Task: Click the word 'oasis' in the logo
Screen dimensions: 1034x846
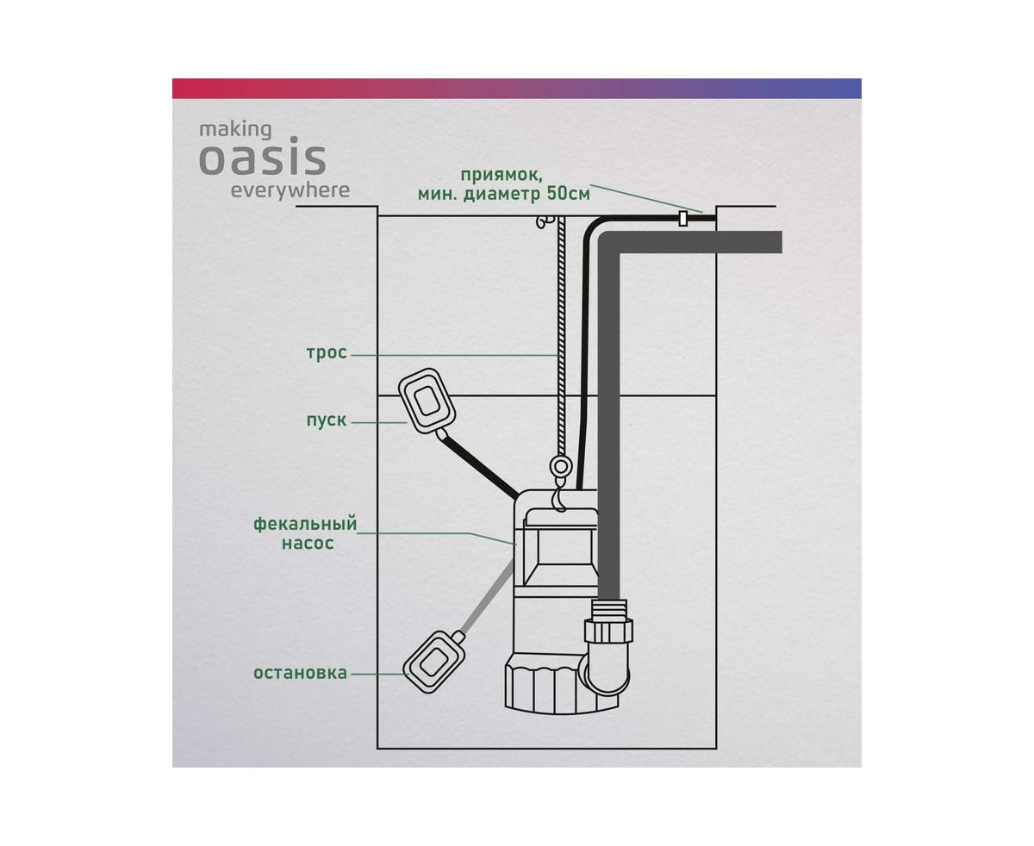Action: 262,159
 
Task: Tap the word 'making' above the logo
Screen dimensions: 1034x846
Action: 235,130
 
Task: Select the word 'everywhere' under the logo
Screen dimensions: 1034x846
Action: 290,190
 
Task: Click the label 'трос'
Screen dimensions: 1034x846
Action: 327,352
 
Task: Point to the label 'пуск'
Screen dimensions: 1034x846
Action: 327,420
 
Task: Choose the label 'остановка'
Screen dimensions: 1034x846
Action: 300,673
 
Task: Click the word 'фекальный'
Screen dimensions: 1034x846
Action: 305,524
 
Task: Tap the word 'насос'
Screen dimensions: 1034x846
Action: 308,543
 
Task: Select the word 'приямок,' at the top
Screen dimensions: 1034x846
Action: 501,175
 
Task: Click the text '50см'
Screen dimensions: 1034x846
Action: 568,194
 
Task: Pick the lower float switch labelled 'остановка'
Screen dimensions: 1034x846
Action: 431,662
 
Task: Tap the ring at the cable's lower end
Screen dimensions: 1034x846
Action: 561,465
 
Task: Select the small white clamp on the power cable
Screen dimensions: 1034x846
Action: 682,219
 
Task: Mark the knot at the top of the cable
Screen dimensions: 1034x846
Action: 545,222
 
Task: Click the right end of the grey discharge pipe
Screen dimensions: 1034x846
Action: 781,242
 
